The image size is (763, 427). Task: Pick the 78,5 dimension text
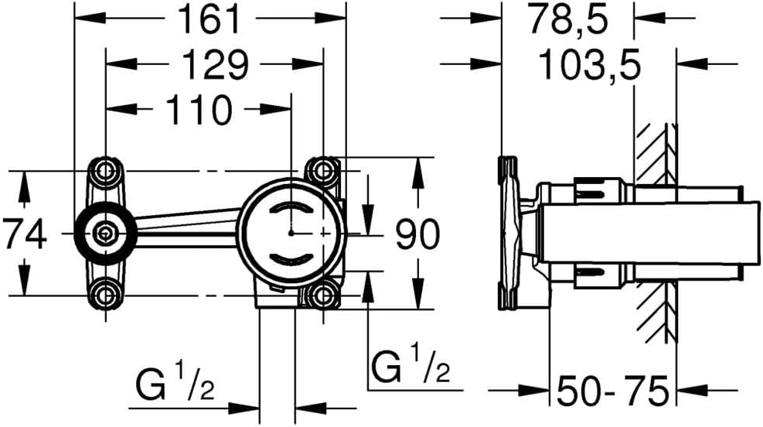[567, 19]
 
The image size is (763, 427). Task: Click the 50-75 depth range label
[613, 392]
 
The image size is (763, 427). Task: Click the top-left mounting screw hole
[105, 169]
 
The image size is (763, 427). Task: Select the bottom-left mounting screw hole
[105, 294]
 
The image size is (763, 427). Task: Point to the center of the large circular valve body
[291, 232]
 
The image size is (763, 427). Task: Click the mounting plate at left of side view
[509, 232]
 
